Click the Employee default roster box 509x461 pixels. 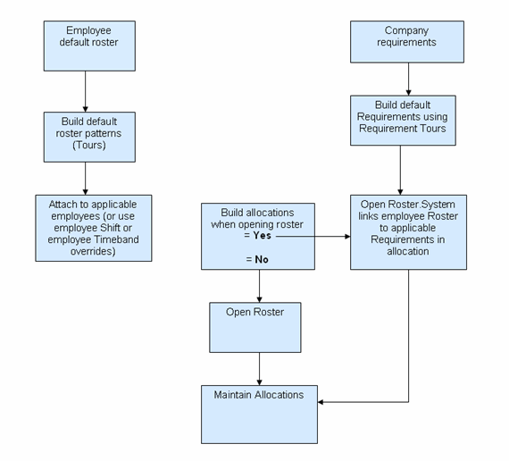click(88, 46)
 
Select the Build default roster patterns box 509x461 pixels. click(88, 137)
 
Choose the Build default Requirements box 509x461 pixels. click(403, 121)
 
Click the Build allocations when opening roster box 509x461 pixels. click(259, 236)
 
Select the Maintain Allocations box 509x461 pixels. click(259, 414)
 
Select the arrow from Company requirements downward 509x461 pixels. click(409, 81)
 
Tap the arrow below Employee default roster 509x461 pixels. click(85, 91)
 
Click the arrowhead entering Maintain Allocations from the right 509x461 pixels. click(322, 402)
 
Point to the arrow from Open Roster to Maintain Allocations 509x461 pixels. click(259, 368)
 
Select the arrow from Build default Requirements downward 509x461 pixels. click(400, 170)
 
